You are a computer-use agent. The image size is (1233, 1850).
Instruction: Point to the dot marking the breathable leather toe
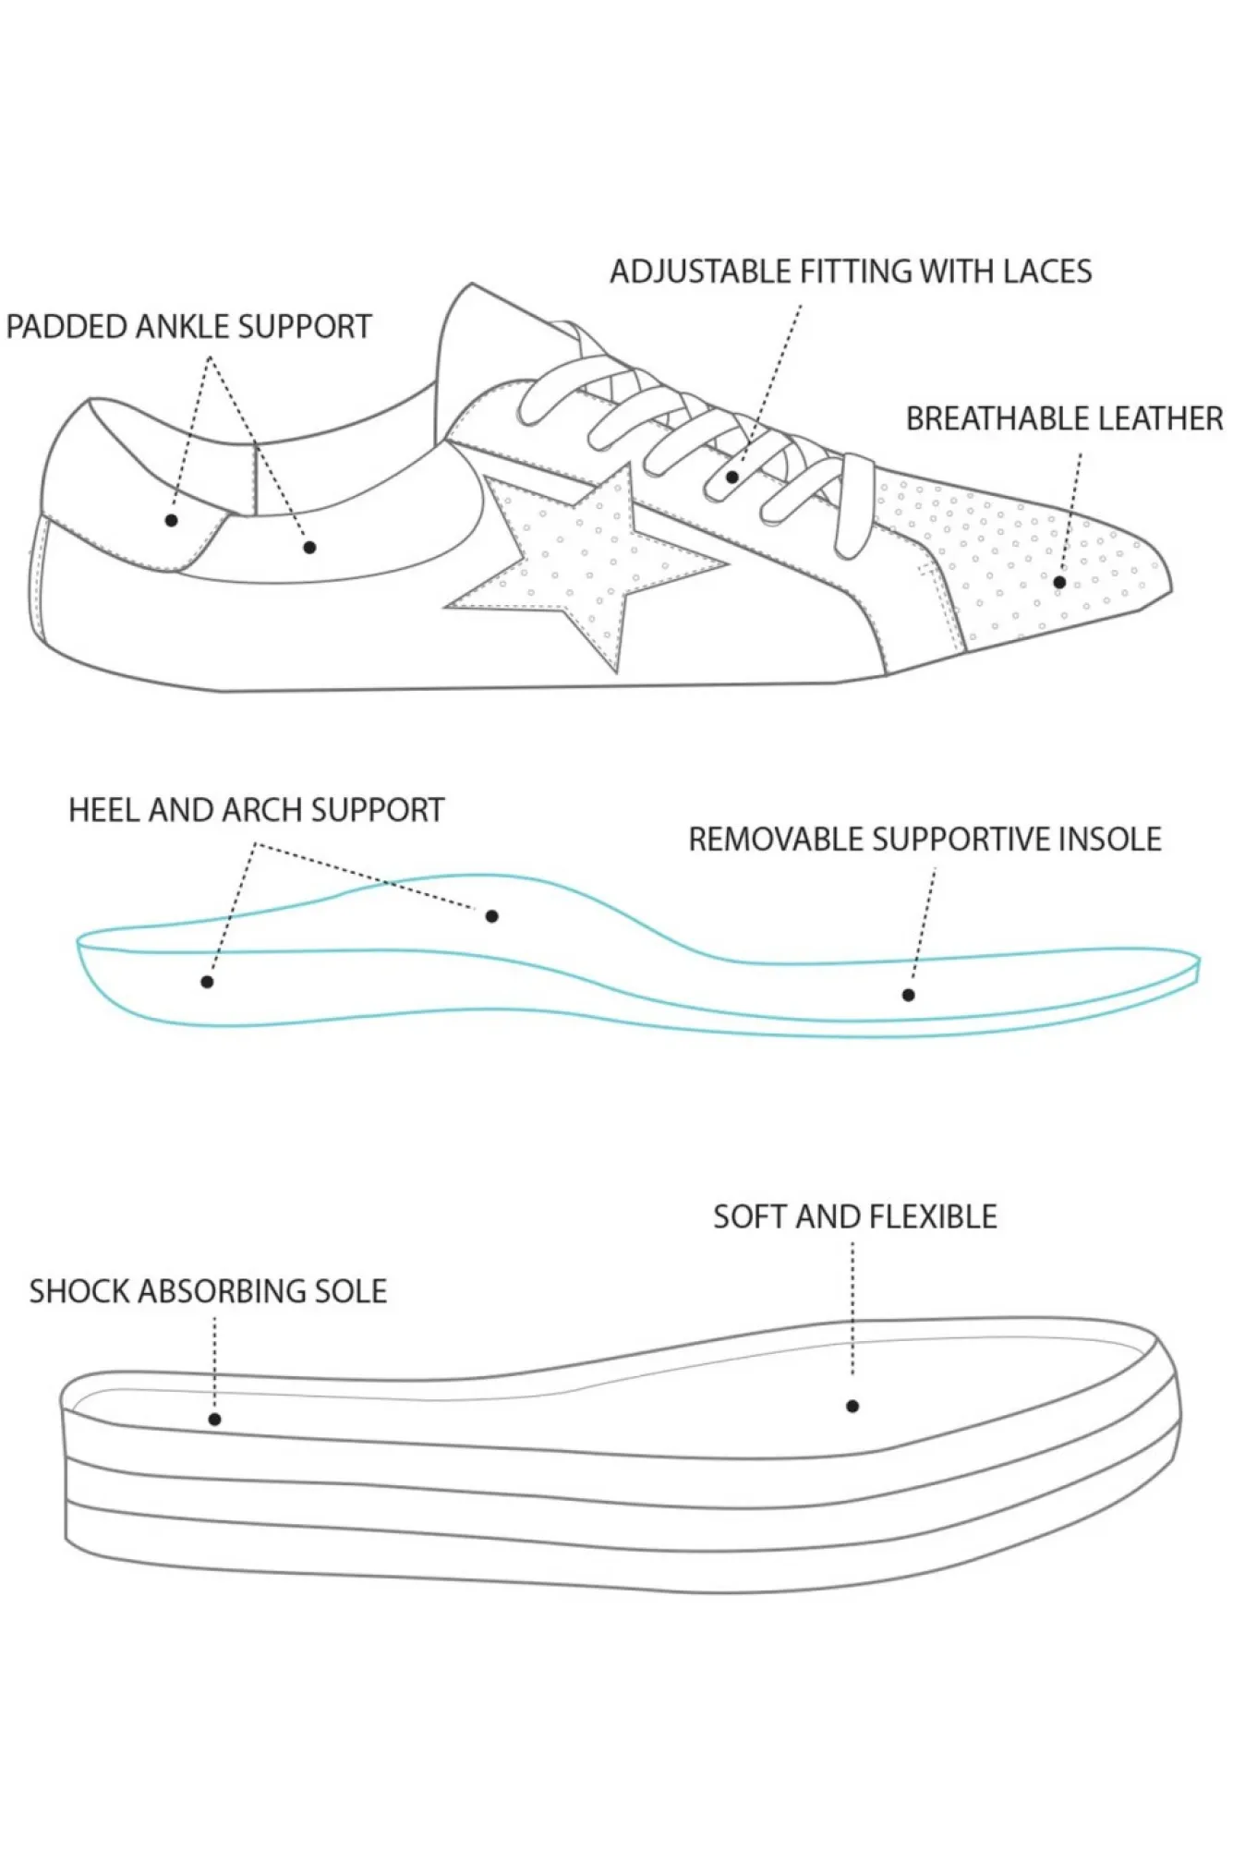pyautogui.click(x=1059, y=582)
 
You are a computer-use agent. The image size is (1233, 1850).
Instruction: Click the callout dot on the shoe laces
pyautogui.click(x=732, y=478)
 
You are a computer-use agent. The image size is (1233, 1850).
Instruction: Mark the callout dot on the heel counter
pyautogui.click(x=171, y=521)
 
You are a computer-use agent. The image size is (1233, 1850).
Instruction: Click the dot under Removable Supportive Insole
pyautogui.click(x=909, y=995)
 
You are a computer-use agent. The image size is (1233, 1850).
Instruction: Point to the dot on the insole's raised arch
pyautogui.click(x=492, y=916)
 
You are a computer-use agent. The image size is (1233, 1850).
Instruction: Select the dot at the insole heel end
pyautogui.click(x=207, y=982)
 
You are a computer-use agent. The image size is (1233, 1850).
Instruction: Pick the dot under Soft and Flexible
pyautogui.click(x=852, y=1406)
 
